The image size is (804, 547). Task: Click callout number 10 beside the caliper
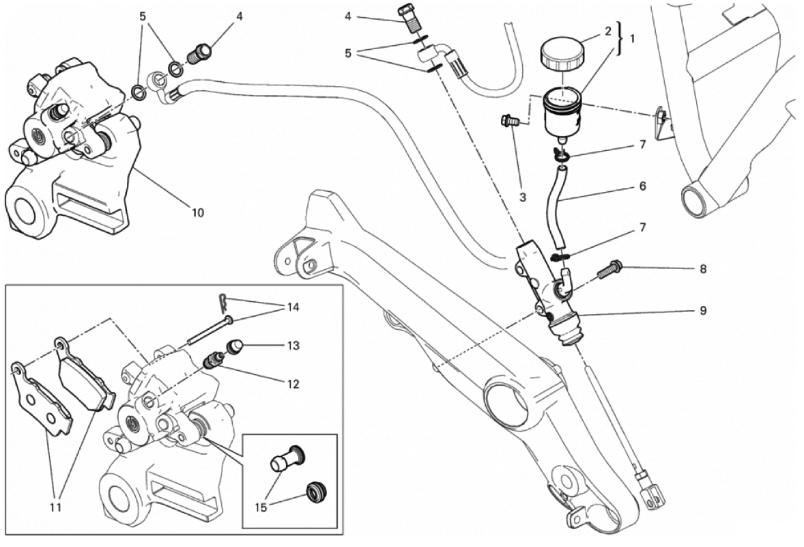coord(197,212)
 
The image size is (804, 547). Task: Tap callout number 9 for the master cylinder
coord(703,311)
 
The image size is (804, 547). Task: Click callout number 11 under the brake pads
coord(56,507)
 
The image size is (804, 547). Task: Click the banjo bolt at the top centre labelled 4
coord(408,17)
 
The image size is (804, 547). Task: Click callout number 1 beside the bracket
coord(632,39)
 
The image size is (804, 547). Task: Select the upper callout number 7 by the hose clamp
coord(641,145)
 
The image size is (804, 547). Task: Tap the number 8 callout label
coord(703,268)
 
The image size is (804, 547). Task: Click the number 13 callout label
coord(293,346)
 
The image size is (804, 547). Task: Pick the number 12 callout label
coord(293,384)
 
